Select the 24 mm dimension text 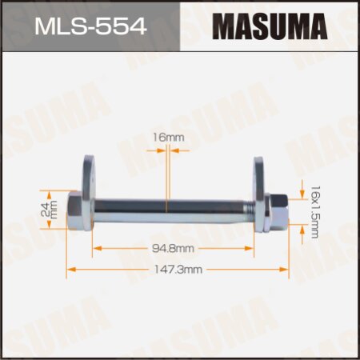[54, 210]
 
